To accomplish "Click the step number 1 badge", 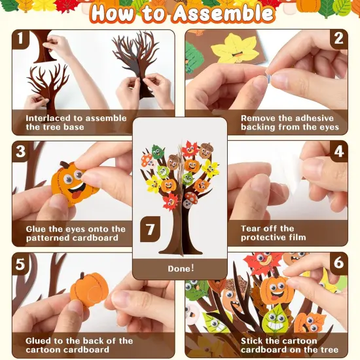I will [x=20, y=39].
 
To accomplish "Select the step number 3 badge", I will [x=20, y=152].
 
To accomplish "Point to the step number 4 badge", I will [x=338, y=152].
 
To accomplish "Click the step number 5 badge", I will [x=20, y=264].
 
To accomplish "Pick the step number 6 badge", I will [x=338, y=264].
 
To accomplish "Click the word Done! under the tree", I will [x=180, y=268].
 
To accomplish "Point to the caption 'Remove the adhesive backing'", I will [x=289, y=122].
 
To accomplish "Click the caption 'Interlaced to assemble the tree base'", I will [x=71, y=122].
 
